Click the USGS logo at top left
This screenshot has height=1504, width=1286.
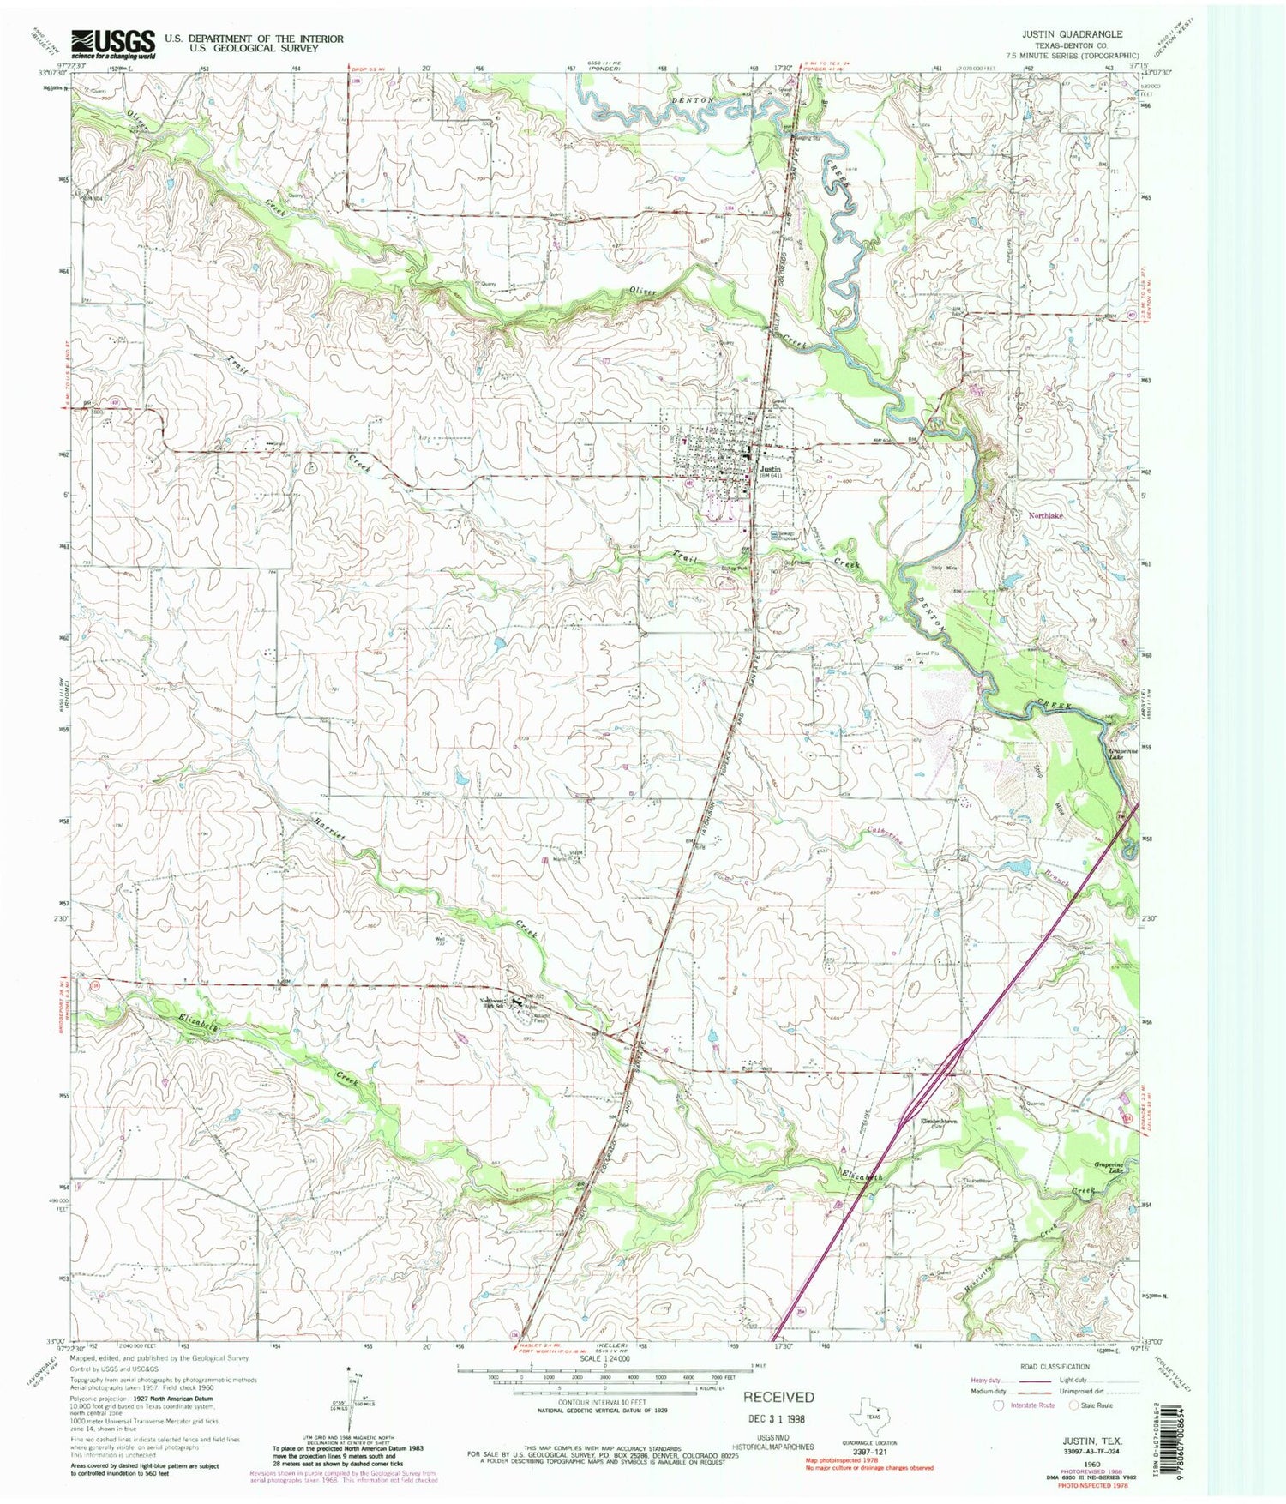[x=114, y=43]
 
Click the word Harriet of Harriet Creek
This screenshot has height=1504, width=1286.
[x=325, y=833]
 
